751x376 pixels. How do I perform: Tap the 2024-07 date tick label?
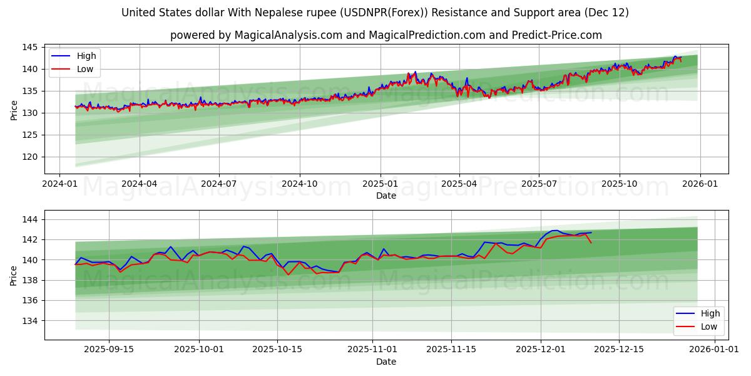[x=219, y=183]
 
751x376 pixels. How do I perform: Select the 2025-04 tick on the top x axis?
[x=459, y=183]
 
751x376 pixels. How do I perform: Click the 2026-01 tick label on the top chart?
[x=700, y=183]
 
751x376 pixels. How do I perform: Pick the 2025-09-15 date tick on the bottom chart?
[x=110, y=349]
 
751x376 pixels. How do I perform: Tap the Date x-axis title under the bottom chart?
[x=386, y=362]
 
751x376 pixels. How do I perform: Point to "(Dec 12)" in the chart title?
[x=607, y=13]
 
